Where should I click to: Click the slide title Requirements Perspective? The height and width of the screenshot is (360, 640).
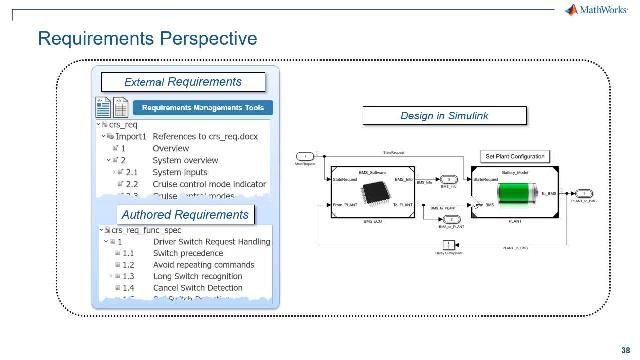pos(147,39)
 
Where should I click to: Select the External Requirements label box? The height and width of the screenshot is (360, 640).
pos(182,82)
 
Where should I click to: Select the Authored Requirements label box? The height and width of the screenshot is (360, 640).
pos(183,214)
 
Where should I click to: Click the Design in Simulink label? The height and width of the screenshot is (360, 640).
pos(445,116)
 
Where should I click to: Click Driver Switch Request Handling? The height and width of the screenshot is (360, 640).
pos(210,241)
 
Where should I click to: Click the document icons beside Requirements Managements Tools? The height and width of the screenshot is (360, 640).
pos(110,107)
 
